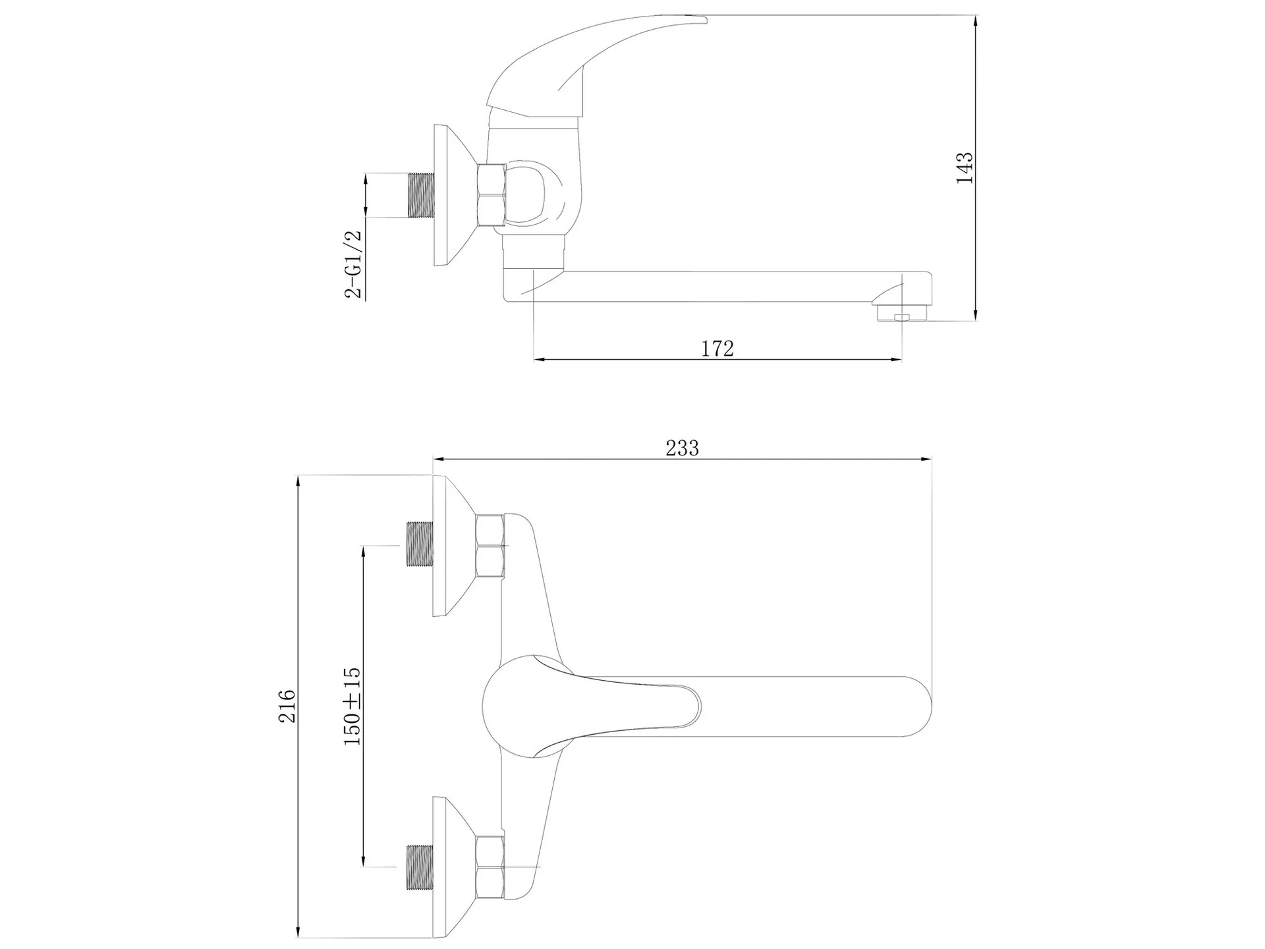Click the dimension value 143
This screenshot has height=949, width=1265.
(965, 168)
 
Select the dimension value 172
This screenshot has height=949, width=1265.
(717, 348)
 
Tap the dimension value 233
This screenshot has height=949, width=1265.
(682, 448)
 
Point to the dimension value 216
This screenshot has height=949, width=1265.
(287, 706)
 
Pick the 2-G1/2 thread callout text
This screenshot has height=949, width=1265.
(354, 264)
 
